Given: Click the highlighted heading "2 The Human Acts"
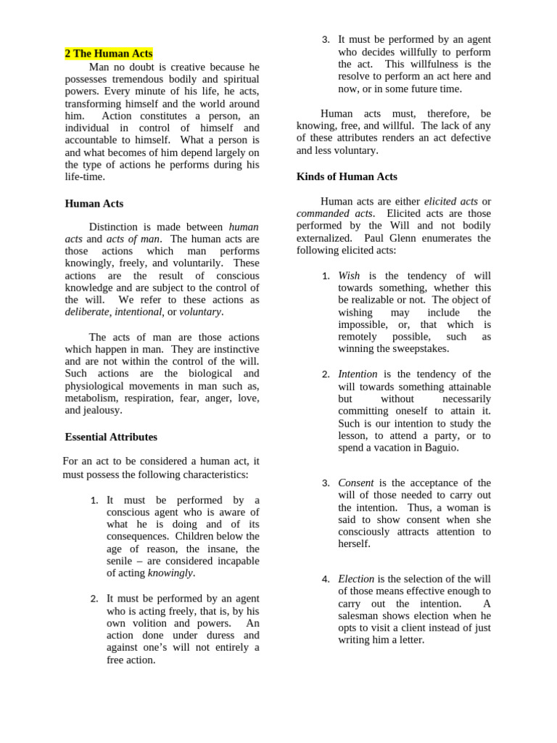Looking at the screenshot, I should tap(109, 54).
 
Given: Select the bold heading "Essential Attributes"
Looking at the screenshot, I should tap(111, 437).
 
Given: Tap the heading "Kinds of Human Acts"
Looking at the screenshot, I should tap(347, 176).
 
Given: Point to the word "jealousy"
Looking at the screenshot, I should tap(102, 410).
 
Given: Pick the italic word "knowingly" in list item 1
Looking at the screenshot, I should tap(170, 572).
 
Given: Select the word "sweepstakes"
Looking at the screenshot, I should tap(421, 348).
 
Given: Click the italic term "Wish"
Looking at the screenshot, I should tap(349, 276).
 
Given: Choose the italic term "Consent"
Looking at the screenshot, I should tap(356, 483).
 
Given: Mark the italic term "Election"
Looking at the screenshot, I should tap(356, 579).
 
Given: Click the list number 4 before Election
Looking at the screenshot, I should tap(326, 579).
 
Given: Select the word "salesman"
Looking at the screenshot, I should tap(360, 615).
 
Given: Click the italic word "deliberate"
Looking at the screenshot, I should tap(87, 311).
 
